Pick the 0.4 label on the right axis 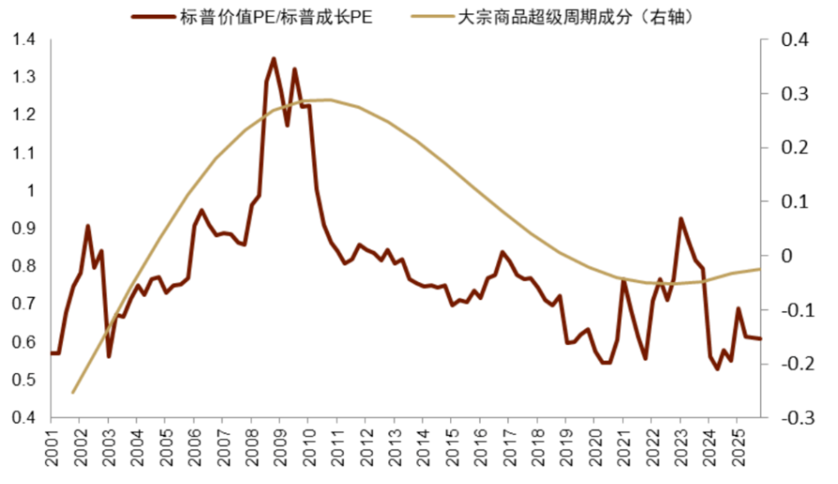[x=793, y=39]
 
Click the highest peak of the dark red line [x=273, y=58]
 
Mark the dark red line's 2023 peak [x=680, y=218]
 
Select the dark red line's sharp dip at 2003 [x=109, y=356]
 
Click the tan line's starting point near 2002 [x=73, y=392]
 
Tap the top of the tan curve [x=327, y=100]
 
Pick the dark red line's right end [x=760, y=338]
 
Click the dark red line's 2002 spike [x=88, y=226]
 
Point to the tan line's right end [x=760, y=268]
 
